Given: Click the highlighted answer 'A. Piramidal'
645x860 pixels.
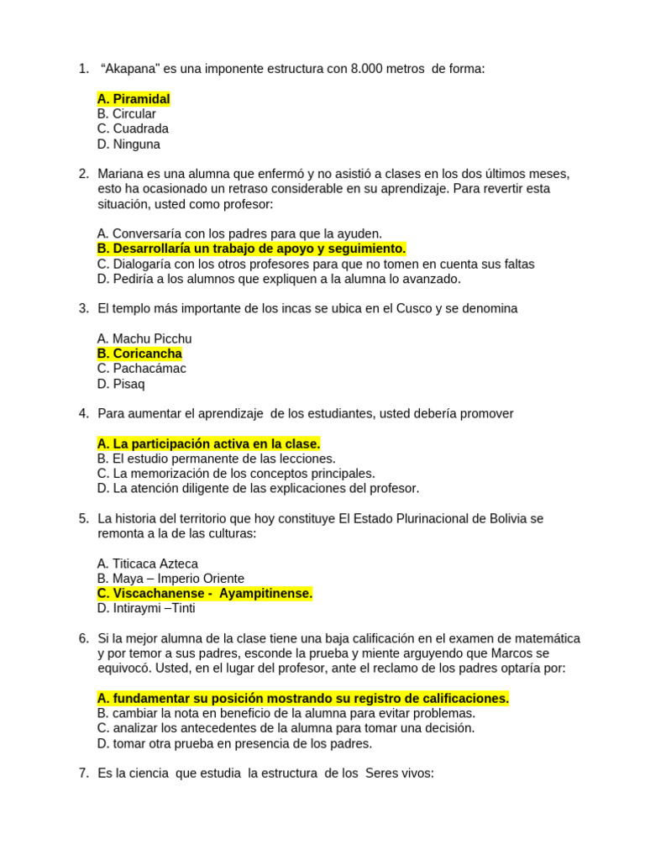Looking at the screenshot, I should [x=133, y=99].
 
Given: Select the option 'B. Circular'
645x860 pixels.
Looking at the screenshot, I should [x=126, y=114].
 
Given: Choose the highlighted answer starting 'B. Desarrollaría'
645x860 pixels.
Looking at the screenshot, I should [x=251, y=249].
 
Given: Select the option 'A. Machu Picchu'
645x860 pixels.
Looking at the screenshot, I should [x=144, y=339].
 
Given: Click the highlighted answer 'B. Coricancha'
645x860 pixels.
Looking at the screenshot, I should [x=139, y=354].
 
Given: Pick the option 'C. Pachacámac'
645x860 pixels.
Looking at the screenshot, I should [x=141, y=369].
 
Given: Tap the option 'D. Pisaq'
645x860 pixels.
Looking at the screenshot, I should [x=121, y=384].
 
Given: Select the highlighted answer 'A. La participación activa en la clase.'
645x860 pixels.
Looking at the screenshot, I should [x=208, y=443].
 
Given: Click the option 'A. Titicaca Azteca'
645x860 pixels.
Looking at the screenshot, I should [x=148, y=564].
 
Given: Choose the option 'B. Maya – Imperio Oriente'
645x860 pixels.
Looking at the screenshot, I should [x=170, y=579].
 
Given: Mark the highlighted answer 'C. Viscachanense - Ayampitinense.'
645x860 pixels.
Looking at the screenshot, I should [x=205, y=594].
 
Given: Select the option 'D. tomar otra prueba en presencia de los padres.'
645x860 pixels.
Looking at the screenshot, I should [x=234, y=743].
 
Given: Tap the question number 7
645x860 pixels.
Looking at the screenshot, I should [x=83, y=773].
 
